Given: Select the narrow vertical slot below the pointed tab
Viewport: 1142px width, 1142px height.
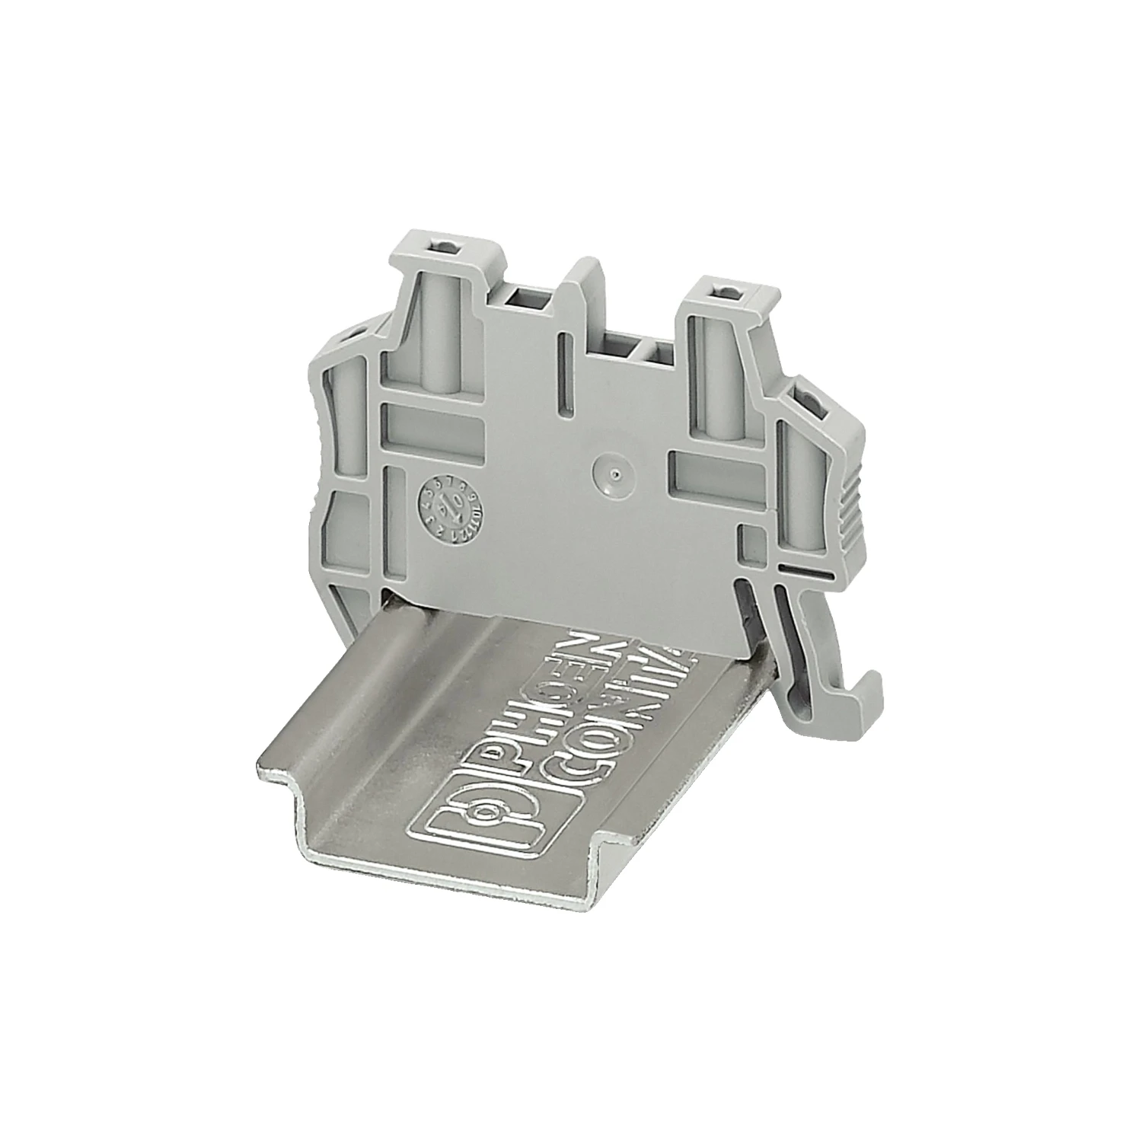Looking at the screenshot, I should tap(564, 373).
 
